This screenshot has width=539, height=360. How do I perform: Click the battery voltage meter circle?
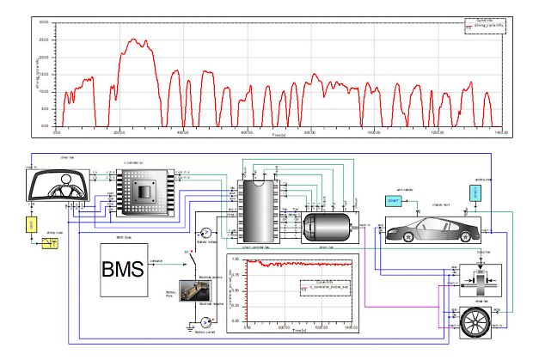205,233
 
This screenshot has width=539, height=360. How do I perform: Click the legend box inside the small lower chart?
323,290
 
